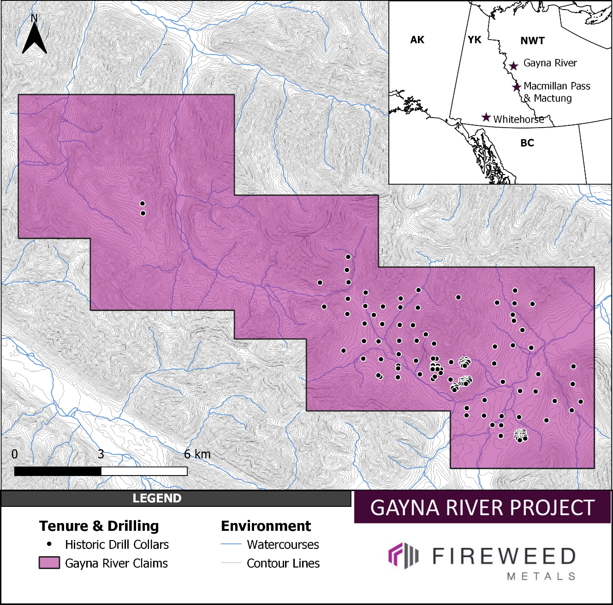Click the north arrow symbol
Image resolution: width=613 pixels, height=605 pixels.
tap(35, 36)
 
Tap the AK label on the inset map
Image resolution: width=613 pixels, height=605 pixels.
tap(417, 40)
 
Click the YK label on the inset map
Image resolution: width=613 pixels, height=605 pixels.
tap(474, 40)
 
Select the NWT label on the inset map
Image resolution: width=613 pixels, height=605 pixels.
tap(532, 41)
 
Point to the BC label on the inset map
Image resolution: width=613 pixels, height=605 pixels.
tap(527, 143)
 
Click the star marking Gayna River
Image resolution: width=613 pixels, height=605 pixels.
tap(514, 66)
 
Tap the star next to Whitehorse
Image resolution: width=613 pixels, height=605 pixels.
tap(486, 117)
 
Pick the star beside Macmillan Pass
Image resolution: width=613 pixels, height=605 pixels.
tap(517, 87)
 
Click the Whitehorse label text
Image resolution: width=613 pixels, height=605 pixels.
tap(518, 119)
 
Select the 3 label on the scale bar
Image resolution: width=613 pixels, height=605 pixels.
tap(101, 454)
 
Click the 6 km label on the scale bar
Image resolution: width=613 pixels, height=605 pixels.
tap(197, 454)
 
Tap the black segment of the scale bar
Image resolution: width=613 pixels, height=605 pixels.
tap(58, 471)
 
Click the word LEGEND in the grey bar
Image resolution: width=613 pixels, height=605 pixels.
tap(157, 498)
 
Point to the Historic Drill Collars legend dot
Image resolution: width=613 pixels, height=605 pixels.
tap(49, 544)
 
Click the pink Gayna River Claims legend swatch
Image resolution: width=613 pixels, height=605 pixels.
tap(49, 563)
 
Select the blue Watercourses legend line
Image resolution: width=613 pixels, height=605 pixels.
tap(231, 544)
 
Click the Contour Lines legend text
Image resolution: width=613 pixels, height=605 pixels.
tap(283, 563)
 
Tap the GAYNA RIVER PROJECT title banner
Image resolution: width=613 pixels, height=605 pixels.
tap(482, 507)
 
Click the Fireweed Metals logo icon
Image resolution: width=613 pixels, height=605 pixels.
tap(403, 555)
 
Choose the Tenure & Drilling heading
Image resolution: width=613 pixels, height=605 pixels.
tap(99, 526)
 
